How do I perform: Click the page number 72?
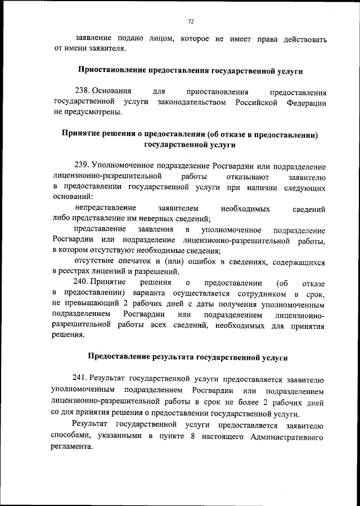(x=191, y=21)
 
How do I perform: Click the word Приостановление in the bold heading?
(x=111, y=71)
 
